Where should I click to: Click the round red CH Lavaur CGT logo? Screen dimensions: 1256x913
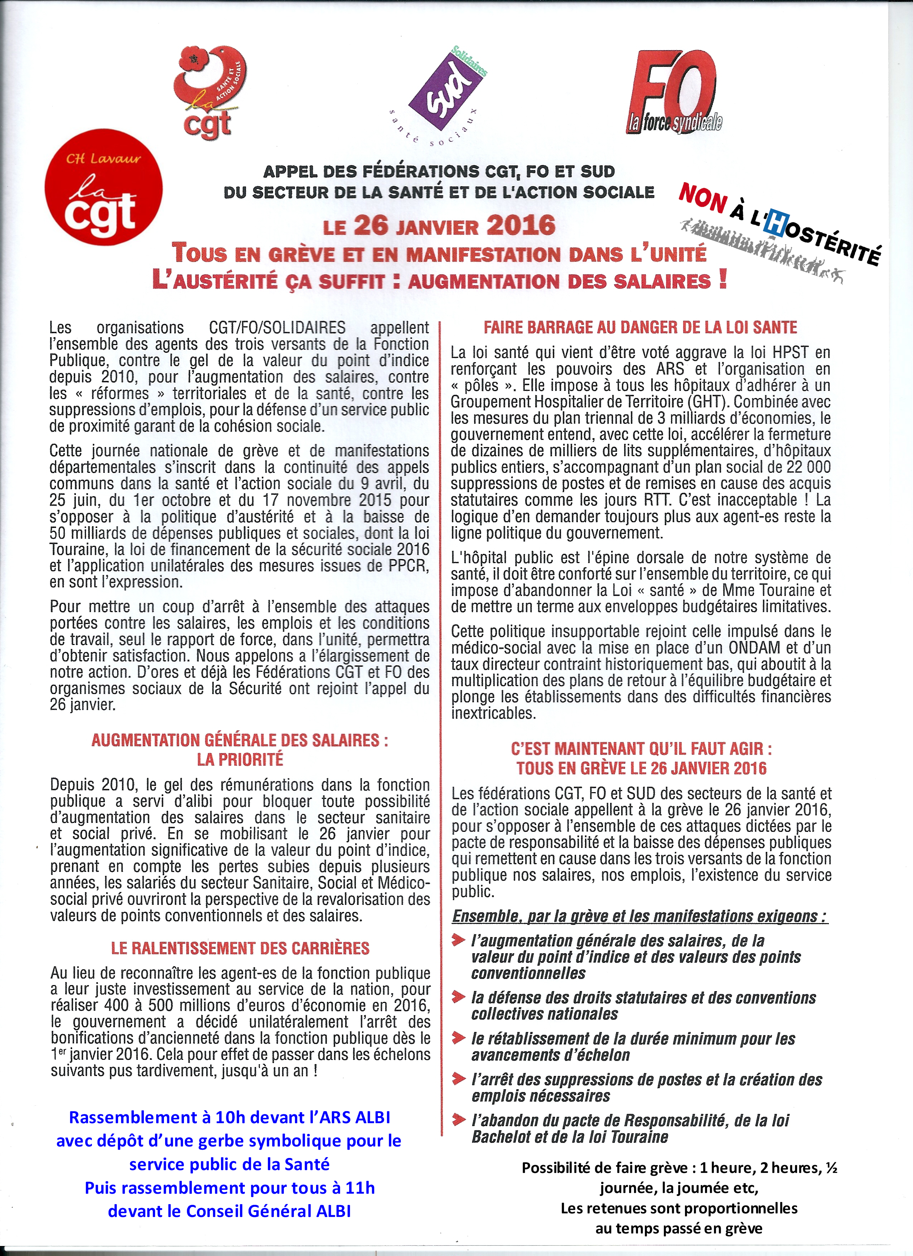click(x=103, y=187)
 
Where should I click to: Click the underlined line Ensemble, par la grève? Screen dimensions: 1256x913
click(x=639, y=917)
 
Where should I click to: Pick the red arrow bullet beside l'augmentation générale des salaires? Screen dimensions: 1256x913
click(x=458, y=940)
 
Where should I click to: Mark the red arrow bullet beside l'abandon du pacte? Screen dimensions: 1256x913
click(x=458, y=1120)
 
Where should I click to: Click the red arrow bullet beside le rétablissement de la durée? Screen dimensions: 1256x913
click(x=458, y=1038)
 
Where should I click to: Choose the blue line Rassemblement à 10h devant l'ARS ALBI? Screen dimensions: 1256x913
click(x=230, y=1117)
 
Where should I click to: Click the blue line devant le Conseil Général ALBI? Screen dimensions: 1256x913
click(x=230, y=1211)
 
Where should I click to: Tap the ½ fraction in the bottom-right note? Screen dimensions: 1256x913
click(x=831, y=1168)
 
